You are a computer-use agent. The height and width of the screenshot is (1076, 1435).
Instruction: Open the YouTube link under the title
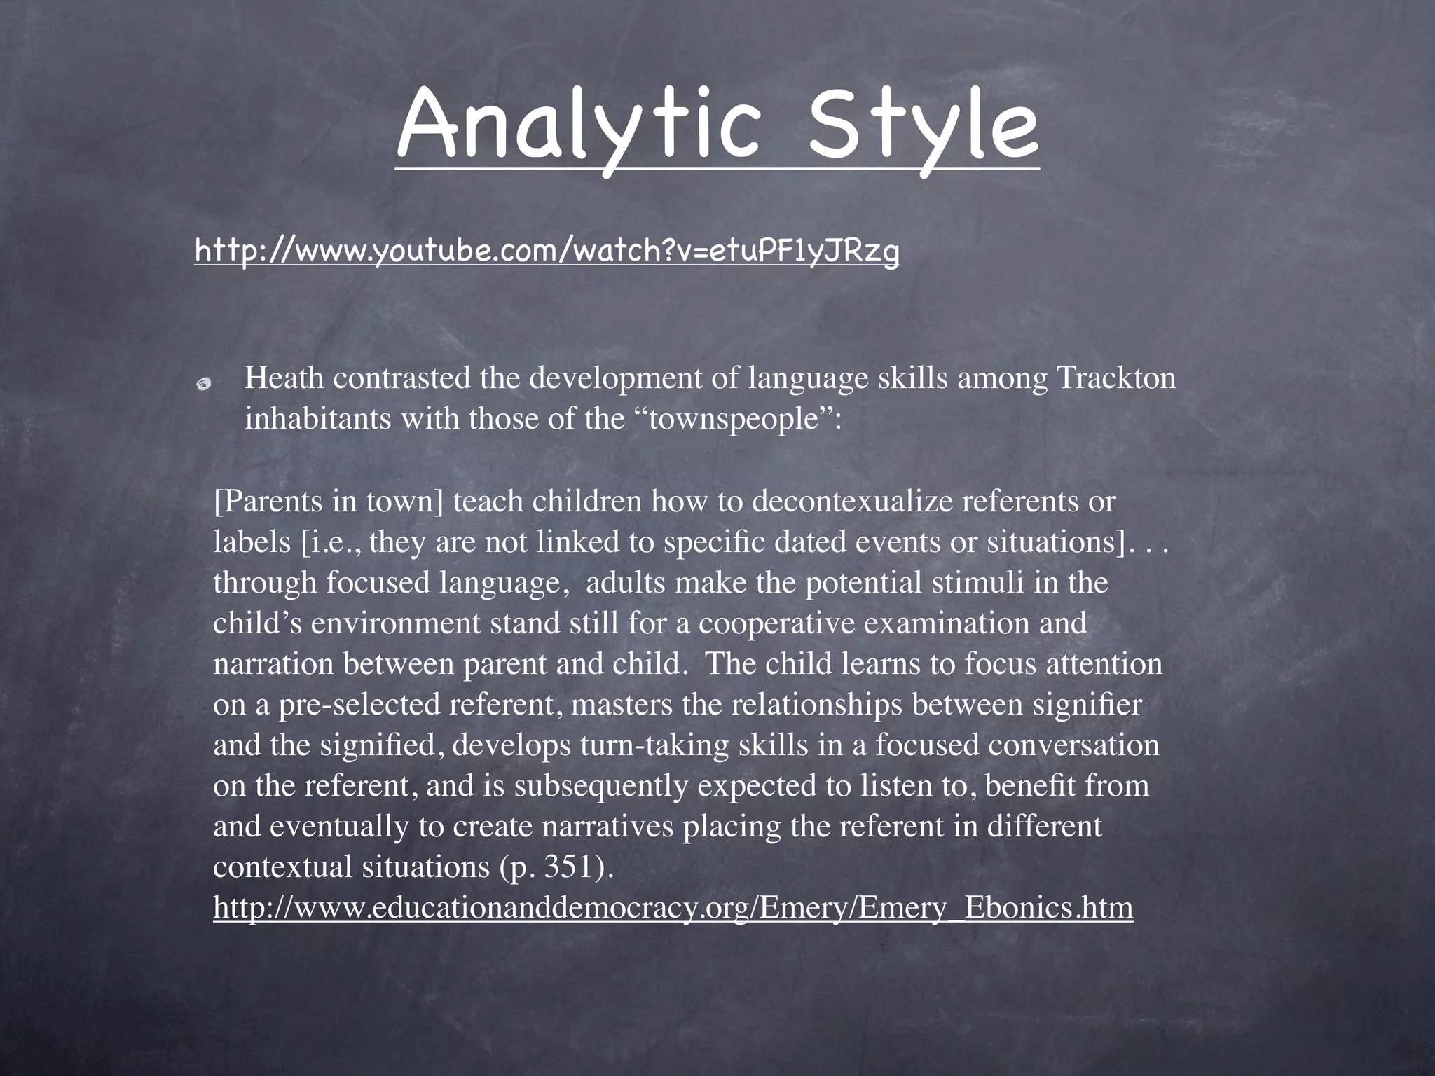pyautogui.click(x=546, y=250)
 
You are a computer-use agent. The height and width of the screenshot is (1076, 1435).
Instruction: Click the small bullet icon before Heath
pyautogui.click(x=204, y=382)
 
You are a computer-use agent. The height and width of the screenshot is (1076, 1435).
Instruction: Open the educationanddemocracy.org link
pyautogui.click(x=673, y=908)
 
